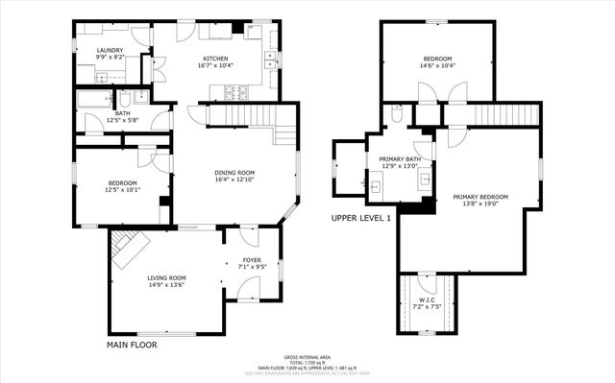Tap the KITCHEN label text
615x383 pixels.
click(216, 58)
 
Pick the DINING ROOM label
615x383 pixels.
click(234, 173)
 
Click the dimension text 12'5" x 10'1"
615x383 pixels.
click(122, 190)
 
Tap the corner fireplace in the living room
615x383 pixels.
click(125, 249)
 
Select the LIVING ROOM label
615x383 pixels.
click(166, 278)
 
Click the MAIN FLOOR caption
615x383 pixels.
click(131, 344)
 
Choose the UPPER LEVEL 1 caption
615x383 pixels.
click(361, 218)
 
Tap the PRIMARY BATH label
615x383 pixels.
click(400, 158)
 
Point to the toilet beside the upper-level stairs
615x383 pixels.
click(397, 114)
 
